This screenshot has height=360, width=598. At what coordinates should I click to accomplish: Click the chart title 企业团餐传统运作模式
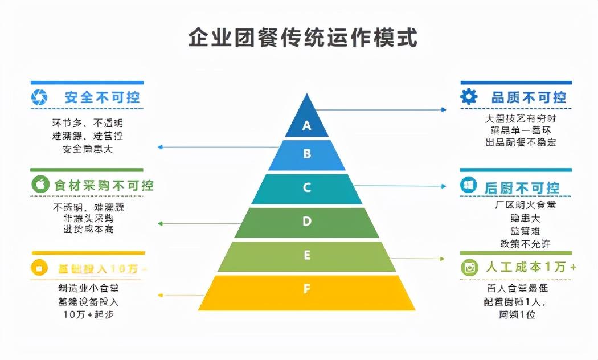click(302, 38)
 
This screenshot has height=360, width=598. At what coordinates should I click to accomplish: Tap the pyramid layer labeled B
click(307, 154)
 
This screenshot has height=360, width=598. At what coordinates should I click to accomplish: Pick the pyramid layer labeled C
click(307, 188)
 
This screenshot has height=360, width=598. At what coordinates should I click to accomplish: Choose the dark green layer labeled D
click(307, 222)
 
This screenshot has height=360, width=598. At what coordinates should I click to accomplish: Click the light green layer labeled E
click(307, 255)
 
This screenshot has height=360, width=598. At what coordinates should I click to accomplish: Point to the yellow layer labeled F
click(307, 289)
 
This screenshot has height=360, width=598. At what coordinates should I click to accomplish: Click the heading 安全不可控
click(103, 97)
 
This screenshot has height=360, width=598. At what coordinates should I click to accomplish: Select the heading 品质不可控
click(529, 97)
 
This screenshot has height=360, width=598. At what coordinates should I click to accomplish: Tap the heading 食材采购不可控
click(104, 185)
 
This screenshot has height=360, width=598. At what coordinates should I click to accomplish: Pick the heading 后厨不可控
click(522, 187)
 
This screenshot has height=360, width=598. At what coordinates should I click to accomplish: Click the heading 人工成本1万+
click(531, 267)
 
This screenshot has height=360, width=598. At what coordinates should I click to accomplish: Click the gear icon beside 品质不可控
click(469, 97)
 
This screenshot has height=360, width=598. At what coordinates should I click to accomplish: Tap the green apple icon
click(40, 185)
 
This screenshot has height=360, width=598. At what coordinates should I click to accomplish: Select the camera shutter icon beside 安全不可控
click(39, 97)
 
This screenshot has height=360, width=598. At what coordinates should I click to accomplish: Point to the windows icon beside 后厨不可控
click(469, 185)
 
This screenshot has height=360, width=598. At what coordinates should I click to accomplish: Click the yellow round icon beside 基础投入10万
click(39, 268)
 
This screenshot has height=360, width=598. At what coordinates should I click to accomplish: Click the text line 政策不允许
click(525, 244)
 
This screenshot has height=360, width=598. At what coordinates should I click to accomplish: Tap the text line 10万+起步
click(88, 314)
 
